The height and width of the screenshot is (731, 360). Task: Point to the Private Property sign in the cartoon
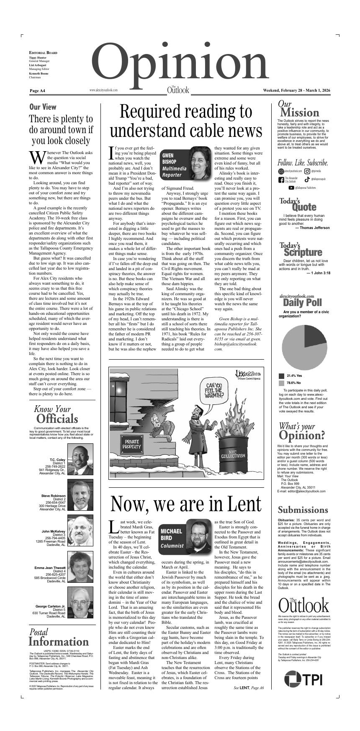(x=132, y=444)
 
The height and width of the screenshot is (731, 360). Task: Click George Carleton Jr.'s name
(x=50, y=606)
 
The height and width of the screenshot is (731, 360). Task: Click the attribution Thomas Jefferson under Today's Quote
(x=312, y=228)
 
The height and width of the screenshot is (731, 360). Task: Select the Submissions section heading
(x=303, y=510)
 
